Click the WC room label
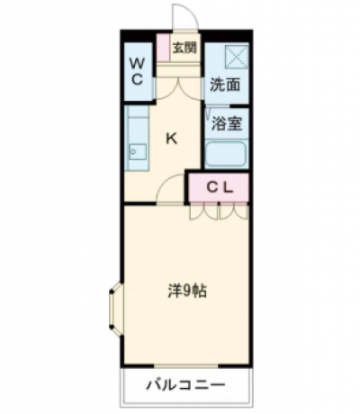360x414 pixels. (x=137, y=71)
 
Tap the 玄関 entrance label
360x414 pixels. (x=184, y=48)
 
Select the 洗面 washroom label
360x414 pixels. (x=225, y=85)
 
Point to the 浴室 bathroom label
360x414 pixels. (x=227, y=123)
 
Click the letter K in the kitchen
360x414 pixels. (x=172, y=139)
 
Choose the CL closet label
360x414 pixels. (x=220, y=188)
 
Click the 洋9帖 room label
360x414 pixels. (x=186, y=291)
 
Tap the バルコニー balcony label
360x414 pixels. (x=185, y=384)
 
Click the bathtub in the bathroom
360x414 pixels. (x=226, y=154)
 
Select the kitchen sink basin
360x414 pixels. (x=138, y=152)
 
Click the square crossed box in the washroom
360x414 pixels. (x=237, y=56)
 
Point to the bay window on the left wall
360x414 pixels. (x=116, y=310)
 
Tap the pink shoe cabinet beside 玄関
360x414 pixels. (x=164, y=48)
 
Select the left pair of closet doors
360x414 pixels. (x=203, y=211)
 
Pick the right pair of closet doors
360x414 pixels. (x=233, y=211)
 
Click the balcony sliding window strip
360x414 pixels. (x=185, y=366)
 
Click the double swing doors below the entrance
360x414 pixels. (x=178, y=89)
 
